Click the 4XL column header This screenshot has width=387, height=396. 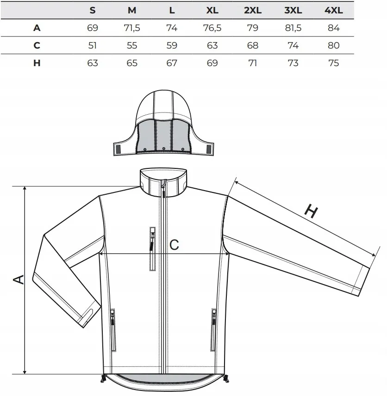click(x=333, y=10)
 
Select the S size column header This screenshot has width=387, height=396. click(x=93, y=10)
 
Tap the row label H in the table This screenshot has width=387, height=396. click(x=37, y=63)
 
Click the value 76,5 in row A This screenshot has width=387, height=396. click(x=212, y=28)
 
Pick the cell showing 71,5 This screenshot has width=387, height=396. click(x=132, y=28)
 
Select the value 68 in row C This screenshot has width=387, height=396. click(x=253, y=45)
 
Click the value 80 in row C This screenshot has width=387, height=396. click(x=333, y=45)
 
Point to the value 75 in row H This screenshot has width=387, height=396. click(x=333, y=63)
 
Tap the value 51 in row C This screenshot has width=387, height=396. click(x=93, y=45)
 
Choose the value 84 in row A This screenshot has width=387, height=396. click(x=333, y=28)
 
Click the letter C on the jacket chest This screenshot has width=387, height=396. click(x=174, y=245)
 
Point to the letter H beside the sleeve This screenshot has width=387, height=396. click(x=311, y=211)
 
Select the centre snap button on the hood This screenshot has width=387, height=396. click(x=164, y=148)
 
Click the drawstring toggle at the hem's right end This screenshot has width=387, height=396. click(x=226, y=378)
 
